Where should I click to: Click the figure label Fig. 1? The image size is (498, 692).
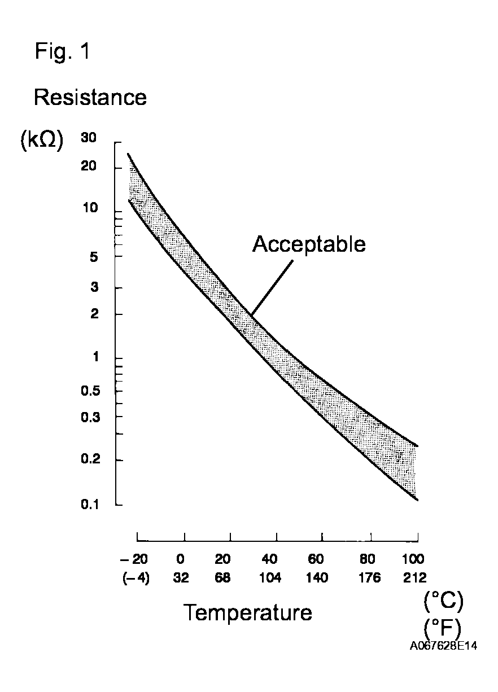pyautogui.click(x=62, y=52)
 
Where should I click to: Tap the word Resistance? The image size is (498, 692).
pyautogui.click(x=90, y=98)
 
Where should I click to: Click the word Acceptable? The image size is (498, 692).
pyautogui.click(x=309, y=244)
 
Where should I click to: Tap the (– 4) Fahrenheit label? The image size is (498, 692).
pyautogui.click(x=136, y=578)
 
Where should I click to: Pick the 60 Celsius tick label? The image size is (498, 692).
pyautogui.click(x=316, y=559)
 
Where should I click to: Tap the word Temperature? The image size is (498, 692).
pyautogui.click(x=248, y=612)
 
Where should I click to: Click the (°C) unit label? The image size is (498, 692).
pyautogui.click(x=443, y=602)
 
